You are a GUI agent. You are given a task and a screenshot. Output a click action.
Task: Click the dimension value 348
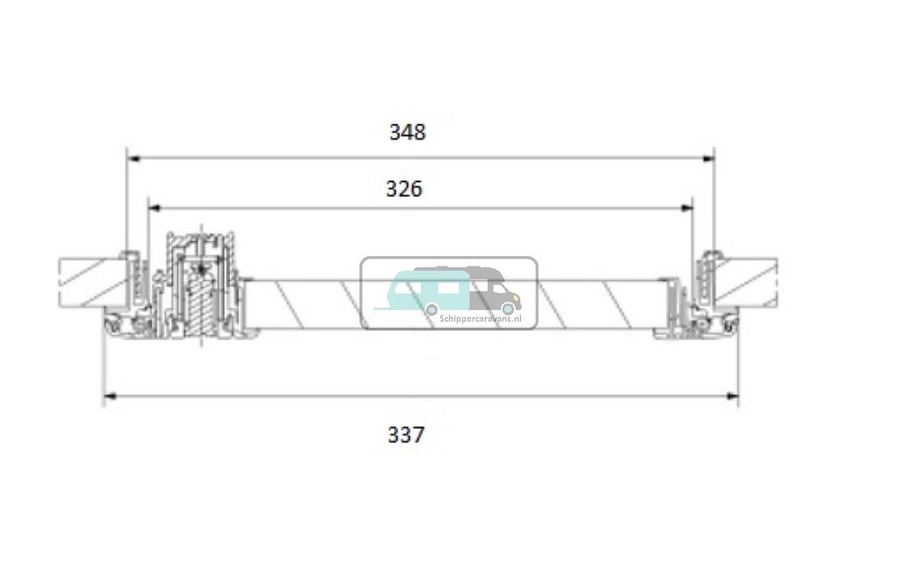(407, 132)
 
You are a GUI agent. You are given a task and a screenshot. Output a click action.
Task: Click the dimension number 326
(404, 189)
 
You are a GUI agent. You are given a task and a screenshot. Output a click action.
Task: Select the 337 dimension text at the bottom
(406, 434)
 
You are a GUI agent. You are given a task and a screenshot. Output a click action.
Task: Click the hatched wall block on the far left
(88, 282)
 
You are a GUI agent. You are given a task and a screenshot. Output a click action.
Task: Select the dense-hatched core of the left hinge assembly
(203, 306)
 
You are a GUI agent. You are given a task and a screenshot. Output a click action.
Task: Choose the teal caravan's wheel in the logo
(431, 309)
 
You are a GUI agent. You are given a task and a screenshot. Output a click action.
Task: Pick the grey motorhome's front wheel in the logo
(508, 309)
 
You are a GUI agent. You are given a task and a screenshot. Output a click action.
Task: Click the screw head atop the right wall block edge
(710, 254)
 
